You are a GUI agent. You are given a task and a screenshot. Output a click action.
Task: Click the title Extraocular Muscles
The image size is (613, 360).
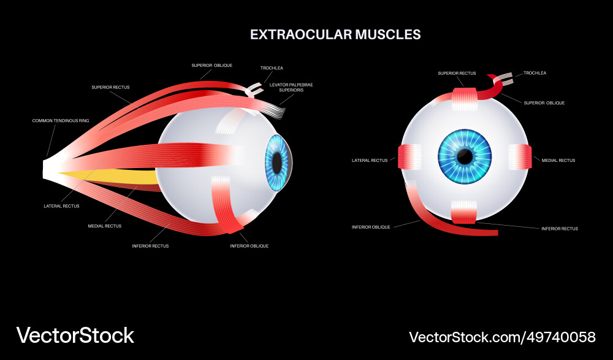335,34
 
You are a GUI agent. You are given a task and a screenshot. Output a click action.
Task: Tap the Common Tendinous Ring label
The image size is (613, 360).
61,121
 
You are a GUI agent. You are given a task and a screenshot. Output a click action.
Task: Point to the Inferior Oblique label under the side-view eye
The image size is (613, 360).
249,246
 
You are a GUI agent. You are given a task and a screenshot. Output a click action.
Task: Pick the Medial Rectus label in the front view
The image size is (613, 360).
558,160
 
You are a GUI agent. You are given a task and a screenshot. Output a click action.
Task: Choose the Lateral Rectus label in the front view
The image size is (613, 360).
370,160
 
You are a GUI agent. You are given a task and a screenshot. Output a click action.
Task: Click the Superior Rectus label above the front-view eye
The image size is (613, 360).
457,74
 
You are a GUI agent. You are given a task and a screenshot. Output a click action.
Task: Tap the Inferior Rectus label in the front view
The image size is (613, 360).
560,229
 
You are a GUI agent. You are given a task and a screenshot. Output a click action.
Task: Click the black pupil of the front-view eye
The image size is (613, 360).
465,157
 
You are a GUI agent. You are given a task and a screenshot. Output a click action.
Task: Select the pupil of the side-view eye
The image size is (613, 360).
277,163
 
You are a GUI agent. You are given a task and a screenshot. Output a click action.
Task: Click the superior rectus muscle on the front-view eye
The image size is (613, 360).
464,98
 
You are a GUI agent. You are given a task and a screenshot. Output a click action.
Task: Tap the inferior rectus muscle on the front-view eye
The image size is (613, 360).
464,212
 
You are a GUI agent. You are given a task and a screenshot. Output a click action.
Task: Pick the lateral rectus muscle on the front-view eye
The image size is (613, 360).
409,157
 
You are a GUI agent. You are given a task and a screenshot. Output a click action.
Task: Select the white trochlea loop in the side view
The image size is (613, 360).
252,91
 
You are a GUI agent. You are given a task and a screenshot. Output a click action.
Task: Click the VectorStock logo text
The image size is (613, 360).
75,335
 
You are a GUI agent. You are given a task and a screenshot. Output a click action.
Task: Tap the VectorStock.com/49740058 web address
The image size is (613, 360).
502,337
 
